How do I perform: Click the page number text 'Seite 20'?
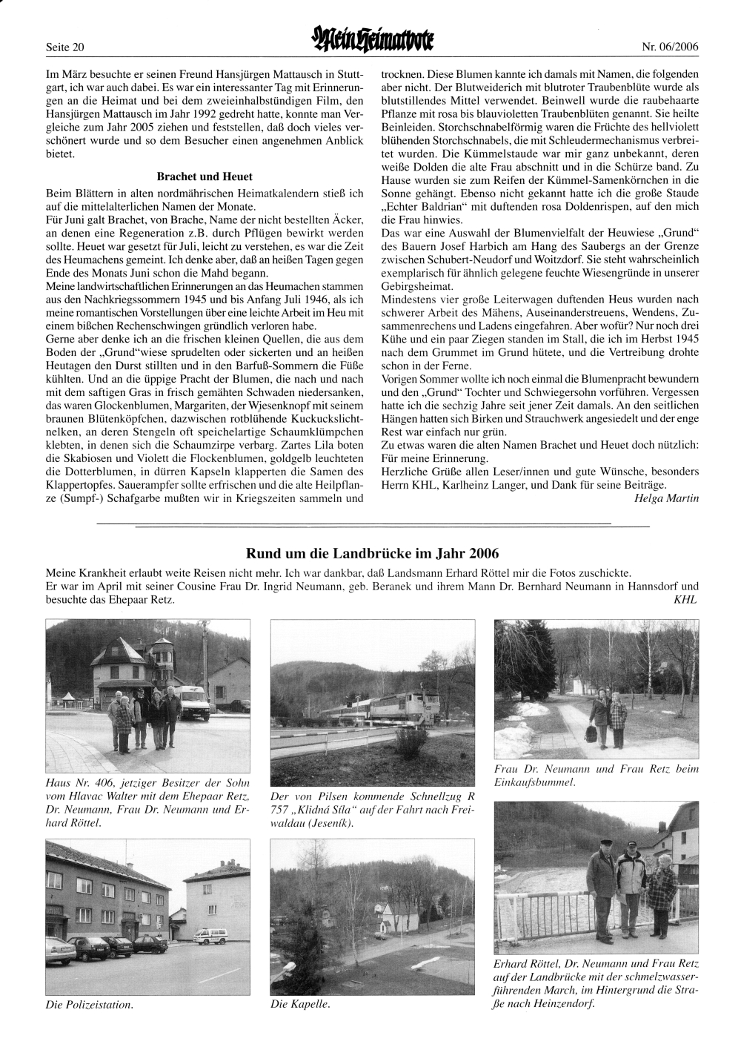click(65, 47)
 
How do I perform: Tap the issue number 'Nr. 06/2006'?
click(670, 47)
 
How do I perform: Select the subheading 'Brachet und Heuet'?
click(205, 176)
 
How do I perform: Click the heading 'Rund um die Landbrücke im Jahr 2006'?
click(372, 553)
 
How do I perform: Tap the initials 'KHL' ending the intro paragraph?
click(685, 599)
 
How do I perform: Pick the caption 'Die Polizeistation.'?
click(90, 1005)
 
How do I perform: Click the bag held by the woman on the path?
click(590, 733)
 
